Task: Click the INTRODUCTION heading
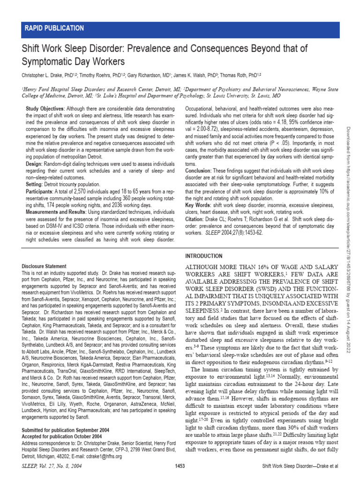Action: click(x=204, y=256)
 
